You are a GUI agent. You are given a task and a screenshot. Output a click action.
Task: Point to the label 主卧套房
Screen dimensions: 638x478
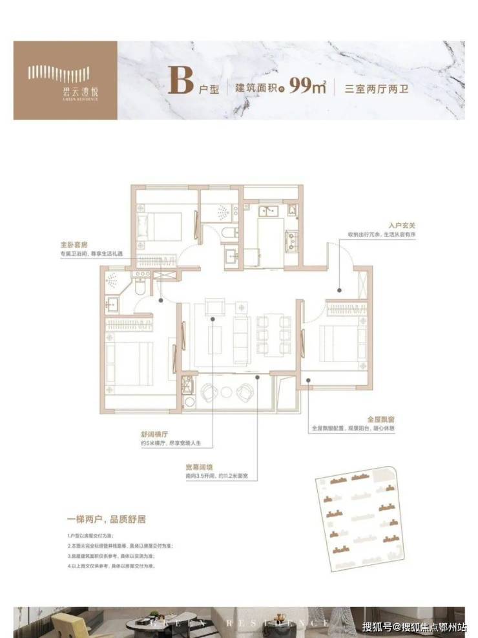coord(72,246)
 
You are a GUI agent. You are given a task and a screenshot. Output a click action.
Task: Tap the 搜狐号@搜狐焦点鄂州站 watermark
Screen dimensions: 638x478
coord(413,626)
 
